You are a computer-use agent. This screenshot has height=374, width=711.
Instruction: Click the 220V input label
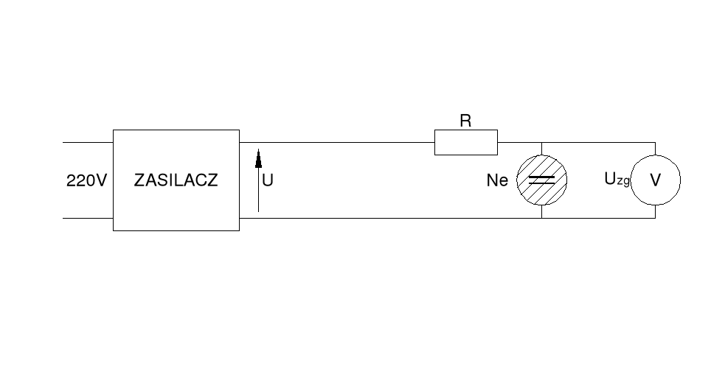pyautogui.click(x=86, y=180)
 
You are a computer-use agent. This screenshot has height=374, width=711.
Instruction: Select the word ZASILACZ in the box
pyautogui.click(x=176, y=180)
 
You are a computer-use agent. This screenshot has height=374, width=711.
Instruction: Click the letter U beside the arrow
pyautogui.click(x=268, y=180)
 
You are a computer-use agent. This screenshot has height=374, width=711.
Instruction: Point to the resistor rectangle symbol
pyautogui.click(x=465, y=142)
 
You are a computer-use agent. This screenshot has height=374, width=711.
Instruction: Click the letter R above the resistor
pyautogui.click(x=465, y=121)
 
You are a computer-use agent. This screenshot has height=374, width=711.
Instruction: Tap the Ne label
pyautogui.click(x=498, y=180)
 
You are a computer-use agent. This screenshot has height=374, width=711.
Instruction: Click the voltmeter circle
pyautogui.click(x=655, y=180)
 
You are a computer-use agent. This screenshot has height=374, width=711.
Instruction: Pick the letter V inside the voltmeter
pyautogui.click(x=655, y=180)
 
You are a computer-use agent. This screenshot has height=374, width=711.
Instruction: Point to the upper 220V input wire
pyautogui.click(x=87, y=142)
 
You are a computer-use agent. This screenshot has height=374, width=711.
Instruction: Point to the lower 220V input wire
pyautogui.click(x=87, y=218)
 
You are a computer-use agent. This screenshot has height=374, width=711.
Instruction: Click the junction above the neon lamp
pyautogui.click(x=542, y=142)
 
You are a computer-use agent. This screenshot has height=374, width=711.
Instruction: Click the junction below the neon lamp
pyautogui.click(x=542, y=218)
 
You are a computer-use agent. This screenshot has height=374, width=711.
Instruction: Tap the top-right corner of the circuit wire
pyautogui.click(x=655, y=142)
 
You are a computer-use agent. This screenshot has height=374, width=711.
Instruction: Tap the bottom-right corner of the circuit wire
pyautogui.click(x=655, y=218)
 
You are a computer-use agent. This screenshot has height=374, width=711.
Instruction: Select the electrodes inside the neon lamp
pyautogui.click(x=542, y=180)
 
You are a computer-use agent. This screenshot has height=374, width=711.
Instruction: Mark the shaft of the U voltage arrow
pyautogui.click(x=258, y=191)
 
